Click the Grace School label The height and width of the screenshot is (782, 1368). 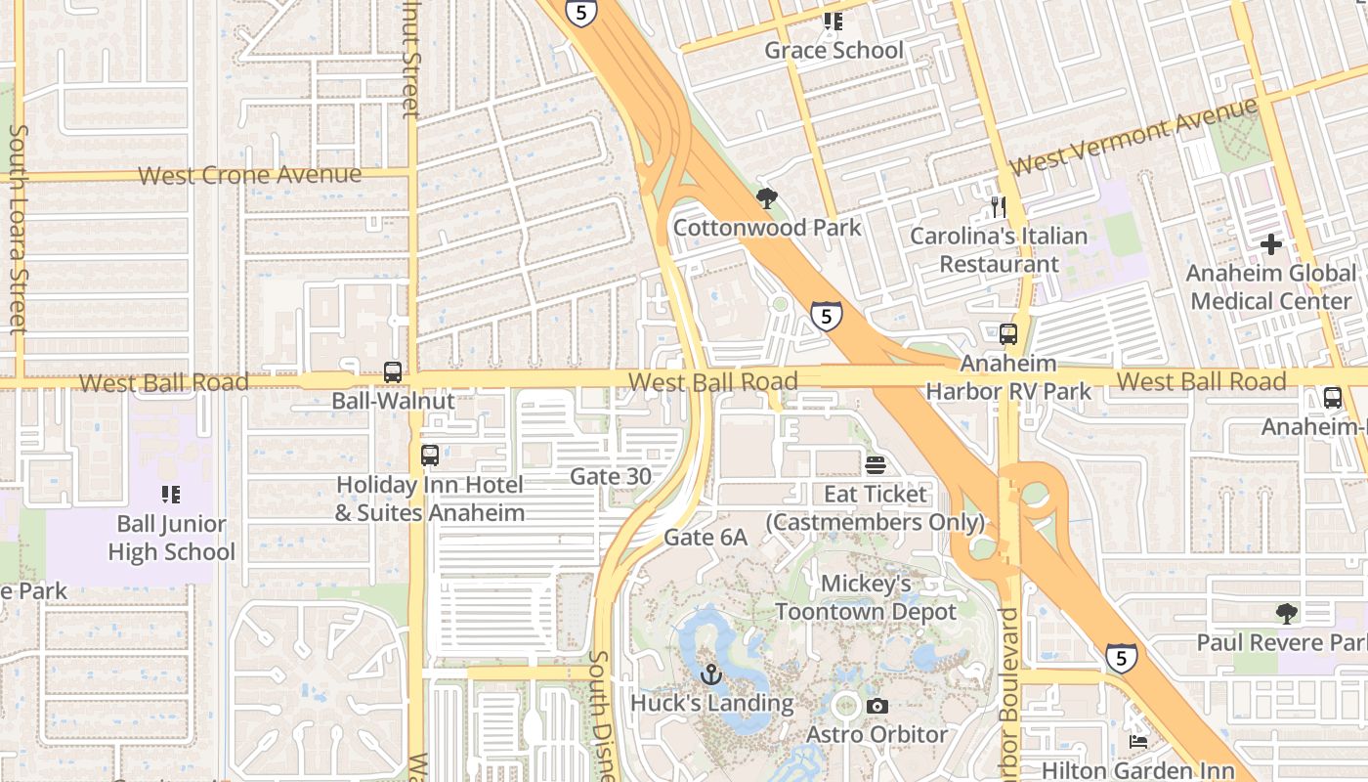[834, 50]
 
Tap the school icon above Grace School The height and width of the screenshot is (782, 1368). [833, 21]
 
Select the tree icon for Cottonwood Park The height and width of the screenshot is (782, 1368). [767, 198]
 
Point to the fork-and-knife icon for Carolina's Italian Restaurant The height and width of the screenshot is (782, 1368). [998, 206]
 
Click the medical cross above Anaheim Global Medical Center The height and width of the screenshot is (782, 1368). [1270, 243]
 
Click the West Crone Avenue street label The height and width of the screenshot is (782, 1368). [249, 175]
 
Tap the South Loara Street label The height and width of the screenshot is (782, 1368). [18, 229]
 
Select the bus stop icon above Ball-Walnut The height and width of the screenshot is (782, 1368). [393, 371]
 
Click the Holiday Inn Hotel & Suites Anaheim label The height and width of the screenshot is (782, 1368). [430, 499]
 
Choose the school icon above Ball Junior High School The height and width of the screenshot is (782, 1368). [171, 495]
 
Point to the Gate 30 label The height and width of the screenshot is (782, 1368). [610, 476]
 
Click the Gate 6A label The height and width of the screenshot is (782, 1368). [705, 537]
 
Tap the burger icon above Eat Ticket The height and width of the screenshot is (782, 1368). [875, 464]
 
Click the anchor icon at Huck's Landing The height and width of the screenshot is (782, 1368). [711, 674]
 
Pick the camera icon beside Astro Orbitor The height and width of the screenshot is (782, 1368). [877, 706]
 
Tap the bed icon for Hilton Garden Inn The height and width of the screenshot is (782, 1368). [1138, 742]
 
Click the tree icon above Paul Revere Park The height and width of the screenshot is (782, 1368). [1287, 614]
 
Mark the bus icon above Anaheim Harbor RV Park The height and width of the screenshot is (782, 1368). [1008, 334]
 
